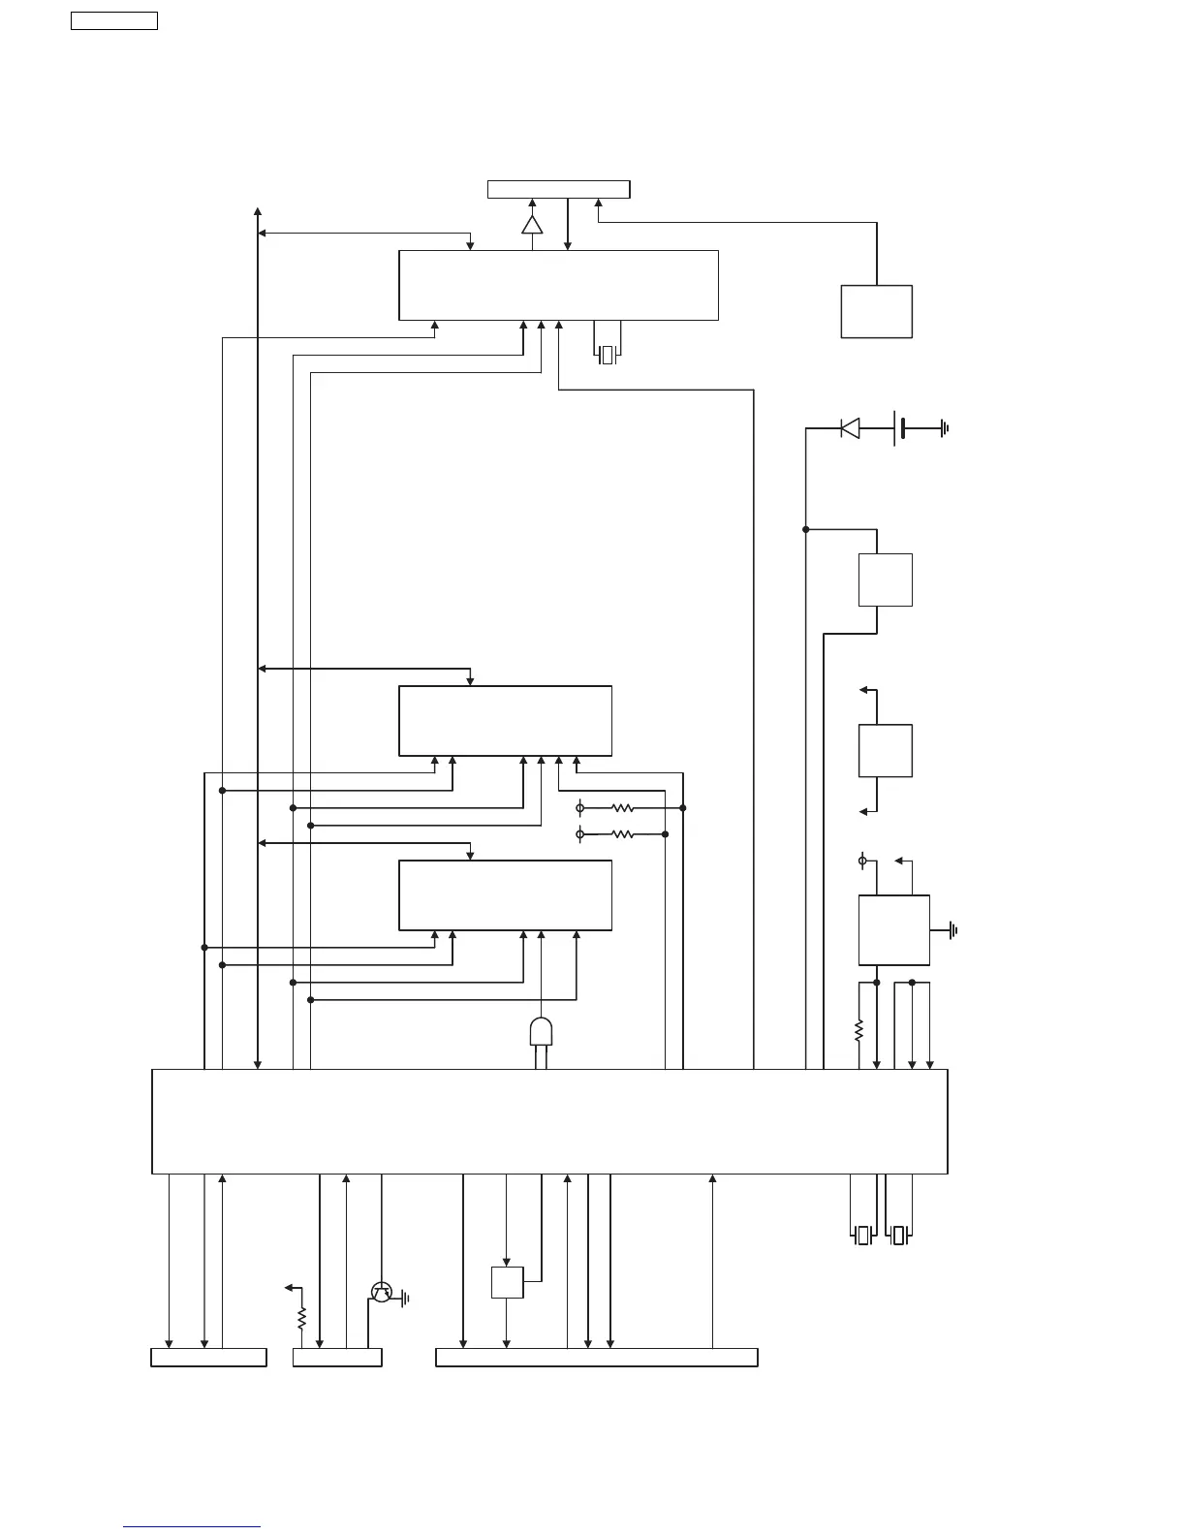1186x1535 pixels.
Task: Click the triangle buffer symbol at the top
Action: pos(532,225)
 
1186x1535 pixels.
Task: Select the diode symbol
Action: pos(850,427)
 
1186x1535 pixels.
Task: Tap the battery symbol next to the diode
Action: pos(898,427)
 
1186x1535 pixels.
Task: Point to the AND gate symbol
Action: pos(541,1031)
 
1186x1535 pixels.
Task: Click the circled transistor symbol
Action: pos(381,1291)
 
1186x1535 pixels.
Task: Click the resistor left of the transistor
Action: pos(301,1318)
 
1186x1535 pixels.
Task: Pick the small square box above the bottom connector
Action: pos(507,1282)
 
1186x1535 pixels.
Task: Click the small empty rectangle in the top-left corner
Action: pos(114,21)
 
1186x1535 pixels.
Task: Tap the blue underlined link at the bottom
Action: pos(192,1527)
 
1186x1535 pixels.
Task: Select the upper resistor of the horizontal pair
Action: pos(622,807)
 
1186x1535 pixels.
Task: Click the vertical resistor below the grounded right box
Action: pos(858,1030)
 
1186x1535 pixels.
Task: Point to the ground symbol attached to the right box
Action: pos(953,930)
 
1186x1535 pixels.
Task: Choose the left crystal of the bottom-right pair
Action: pos(863,1236)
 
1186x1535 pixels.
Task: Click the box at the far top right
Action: pos(876,311)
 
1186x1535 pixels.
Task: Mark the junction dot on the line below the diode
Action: pos(805,529)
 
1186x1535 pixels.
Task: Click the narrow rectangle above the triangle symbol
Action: pos(558,189)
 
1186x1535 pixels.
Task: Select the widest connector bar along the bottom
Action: pos(596,1357)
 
